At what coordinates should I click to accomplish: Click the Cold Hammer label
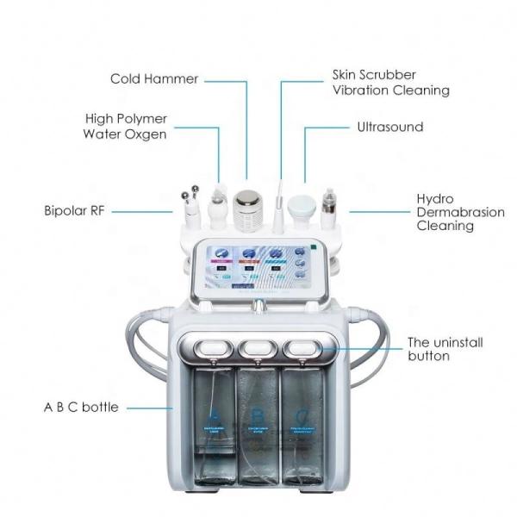click(153, 79)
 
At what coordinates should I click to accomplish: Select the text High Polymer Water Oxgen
click(126, 126)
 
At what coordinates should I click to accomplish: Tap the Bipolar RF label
click(74, 210)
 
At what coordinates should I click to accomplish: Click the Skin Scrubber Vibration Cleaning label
click(390, 83)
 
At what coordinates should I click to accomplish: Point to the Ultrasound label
click(390, 127)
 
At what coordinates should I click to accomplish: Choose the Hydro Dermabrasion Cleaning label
click(445, 212)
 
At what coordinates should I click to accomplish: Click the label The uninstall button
click(445, 349)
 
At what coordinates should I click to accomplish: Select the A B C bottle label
click(81, 407)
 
